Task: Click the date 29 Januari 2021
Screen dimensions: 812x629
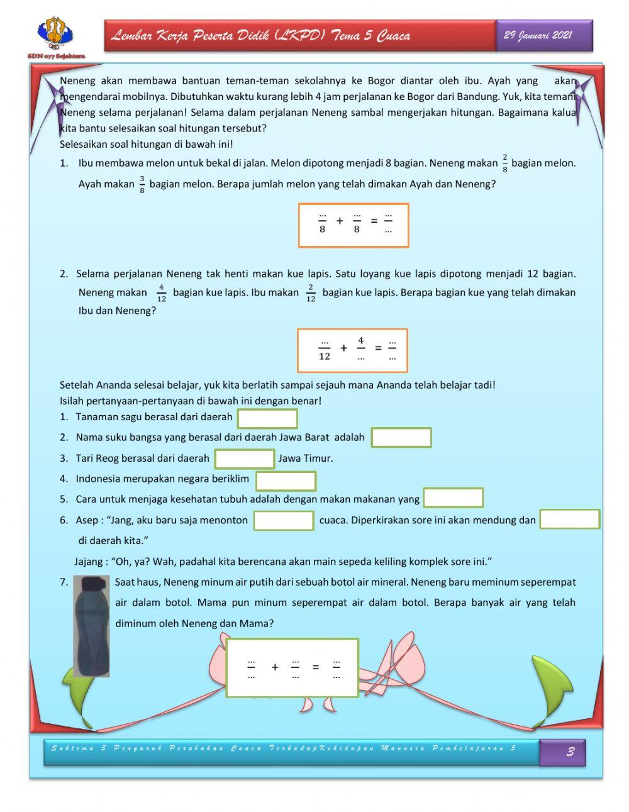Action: click(538, 35)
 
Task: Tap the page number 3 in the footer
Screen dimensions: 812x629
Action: click(571, 751)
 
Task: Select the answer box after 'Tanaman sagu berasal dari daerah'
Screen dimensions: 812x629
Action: click(267, 418)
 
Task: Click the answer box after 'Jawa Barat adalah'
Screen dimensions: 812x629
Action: click(401, 438)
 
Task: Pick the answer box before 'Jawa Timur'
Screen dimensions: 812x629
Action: click(244, 459)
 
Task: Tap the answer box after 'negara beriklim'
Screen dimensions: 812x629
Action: click(286, 481)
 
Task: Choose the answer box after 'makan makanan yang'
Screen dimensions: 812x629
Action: click(453, 498)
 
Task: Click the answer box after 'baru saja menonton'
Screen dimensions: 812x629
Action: click(284, 520)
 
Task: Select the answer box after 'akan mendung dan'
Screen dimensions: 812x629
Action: click(570, 520)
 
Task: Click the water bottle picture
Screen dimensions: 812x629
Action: click(92, 625)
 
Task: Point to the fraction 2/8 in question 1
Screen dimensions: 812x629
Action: click(504, 164)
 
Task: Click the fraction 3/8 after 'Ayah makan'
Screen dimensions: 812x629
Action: click(142, 184)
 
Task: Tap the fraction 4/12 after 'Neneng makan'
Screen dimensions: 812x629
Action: click(161, 292)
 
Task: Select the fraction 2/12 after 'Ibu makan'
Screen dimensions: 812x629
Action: click(310, 292)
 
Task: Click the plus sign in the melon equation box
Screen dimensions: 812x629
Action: click(340, 221)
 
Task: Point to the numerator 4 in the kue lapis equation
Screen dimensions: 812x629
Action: click(361, 341)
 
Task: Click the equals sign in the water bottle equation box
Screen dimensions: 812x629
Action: click(316, 667)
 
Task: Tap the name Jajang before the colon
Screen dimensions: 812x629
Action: click(89, 561)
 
